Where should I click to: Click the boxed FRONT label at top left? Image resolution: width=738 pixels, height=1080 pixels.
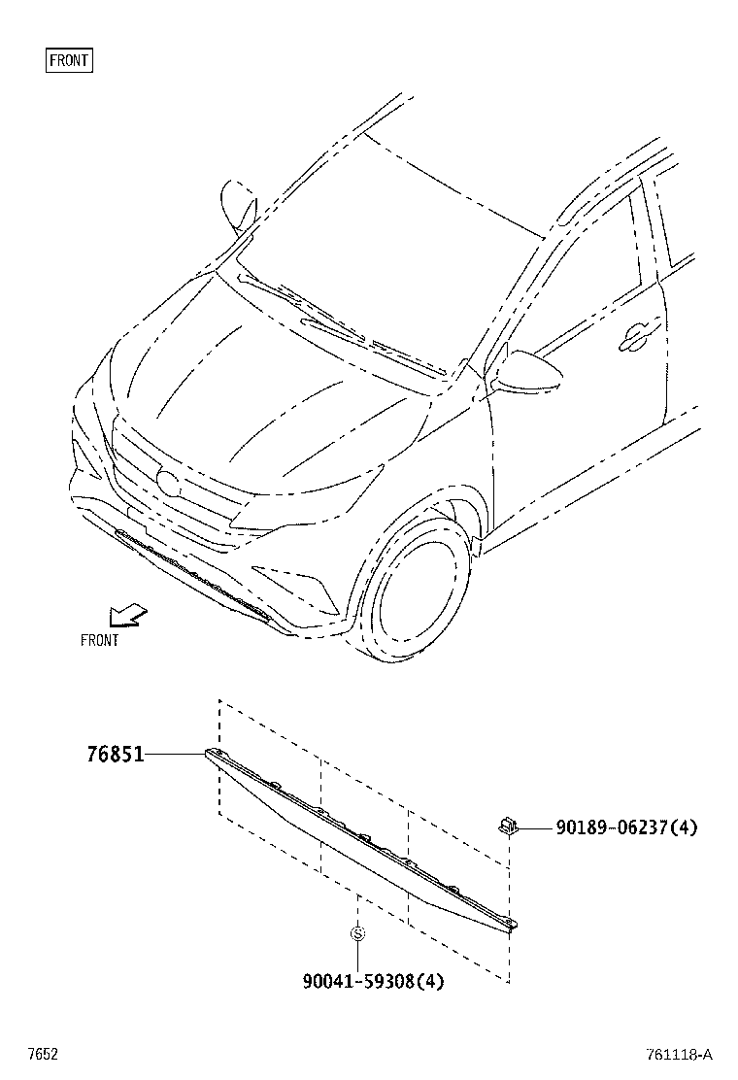point(69,60)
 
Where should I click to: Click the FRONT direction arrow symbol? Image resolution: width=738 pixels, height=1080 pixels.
point(127,615)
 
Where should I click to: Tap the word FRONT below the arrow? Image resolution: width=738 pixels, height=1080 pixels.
point(99,640)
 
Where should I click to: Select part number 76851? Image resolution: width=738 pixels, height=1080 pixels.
point(115,754)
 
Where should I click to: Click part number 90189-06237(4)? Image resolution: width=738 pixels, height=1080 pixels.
point(626,827)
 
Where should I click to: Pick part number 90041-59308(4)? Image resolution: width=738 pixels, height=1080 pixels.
point(373,981)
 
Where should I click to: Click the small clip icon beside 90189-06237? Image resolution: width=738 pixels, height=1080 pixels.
point(506,826)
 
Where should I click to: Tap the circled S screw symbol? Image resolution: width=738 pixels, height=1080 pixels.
point(357,933)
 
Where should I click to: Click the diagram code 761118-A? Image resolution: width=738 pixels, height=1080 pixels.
point(678,1055)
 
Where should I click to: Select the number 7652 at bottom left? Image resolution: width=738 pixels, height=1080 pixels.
point(43,1055)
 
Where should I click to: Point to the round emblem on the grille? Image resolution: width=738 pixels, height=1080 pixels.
point(169,482)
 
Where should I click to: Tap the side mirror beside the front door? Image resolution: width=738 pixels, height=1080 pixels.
point(530,371)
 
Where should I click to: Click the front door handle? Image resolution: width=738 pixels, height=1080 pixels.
point(638,335)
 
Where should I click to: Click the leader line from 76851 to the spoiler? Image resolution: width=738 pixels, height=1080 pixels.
point(175,754)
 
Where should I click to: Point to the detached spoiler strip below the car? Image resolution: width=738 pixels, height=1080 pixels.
point(359,840)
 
